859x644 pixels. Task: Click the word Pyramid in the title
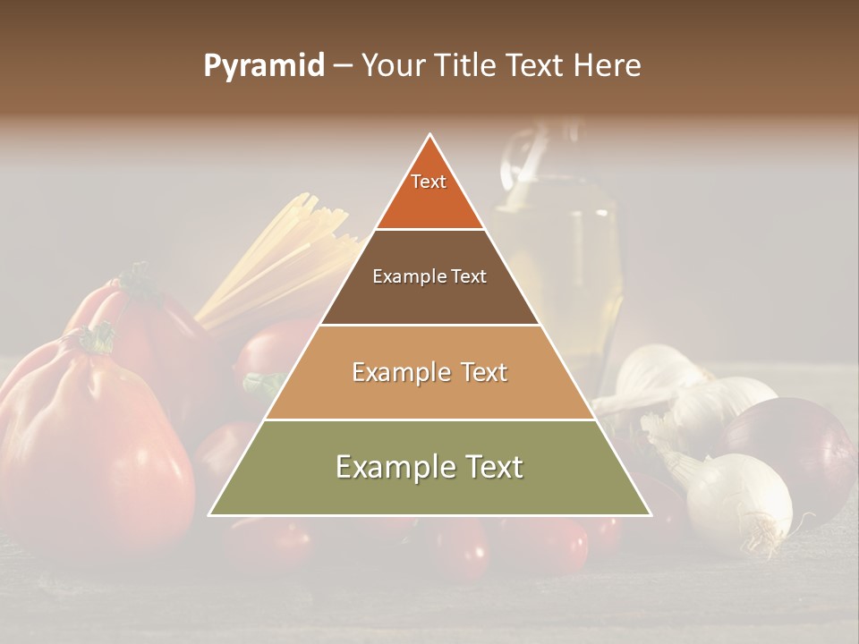[263, 66]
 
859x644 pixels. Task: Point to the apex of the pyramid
[430, 135]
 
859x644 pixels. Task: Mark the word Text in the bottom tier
[488, 467]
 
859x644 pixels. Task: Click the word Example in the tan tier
[391, 372]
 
